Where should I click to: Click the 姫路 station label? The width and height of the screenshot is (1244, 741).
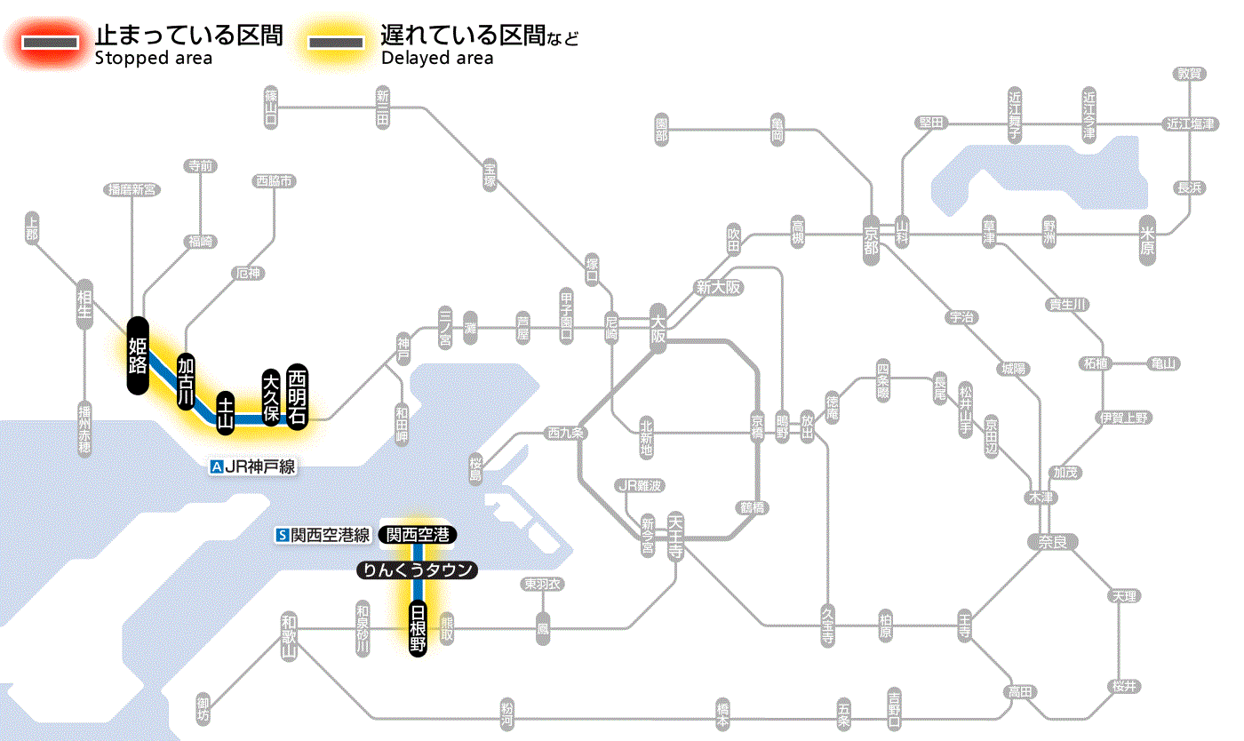coord(138,355)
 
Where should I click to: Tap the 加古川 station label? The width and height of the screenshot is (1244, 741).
coord(186,381)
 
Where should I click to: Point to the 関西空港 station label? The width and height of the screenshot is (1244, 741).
coord(418,535)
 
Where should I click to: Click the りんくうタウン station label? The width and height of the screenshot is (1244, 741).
coord(418,570)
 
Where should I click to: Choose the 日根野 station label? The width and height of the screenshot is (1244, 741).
coord(418,628)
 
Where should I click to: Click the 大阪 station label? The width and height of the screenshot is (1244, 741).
coord(658,329)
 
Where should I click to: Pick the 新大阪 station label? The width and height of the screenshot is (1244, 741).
coord(718,288)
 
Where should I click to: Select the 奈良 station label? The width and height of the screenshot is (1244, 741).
coord(1051,542)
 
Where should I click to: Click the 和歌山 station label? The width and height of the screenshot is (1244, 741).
coord(288,636)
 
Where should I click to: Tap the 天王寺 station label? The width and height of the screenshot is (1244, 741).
coord(674,538)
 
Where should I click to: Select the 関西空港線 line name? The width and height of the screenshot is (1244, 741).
coord(330,536)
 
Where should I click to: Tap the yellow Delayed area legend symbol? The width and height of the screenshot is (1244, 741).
coord(335,43)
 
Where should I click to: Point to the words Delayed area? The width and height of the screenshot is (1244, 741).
coord(437,59)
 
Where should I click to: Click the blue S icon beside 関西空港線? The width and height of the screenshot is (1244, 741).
coord(283,536)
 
